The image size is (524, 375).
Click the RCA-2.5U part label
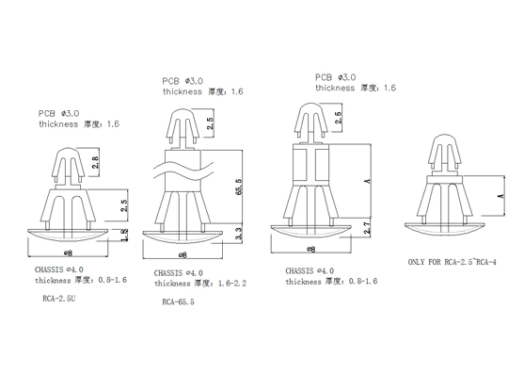(59, 299)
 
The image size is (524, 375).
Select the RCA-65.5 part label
(178, 302)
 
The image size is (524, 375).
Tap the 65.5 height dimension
(239, 187)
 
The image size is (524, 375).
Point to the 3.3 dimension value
(239, 234)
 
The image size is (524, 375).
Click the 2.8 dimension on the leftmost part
(95, 162)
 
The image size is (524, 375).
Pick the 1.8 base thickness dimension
(123, 236)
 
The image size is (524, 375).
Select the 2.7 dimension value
(367, 228)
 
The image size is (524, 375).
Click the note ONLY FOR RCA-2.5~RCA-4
(453, 262)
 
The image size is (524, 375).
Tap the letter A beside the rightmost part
(500, 196)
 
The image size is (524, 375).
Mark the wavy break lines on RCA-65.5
(183, 171)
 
